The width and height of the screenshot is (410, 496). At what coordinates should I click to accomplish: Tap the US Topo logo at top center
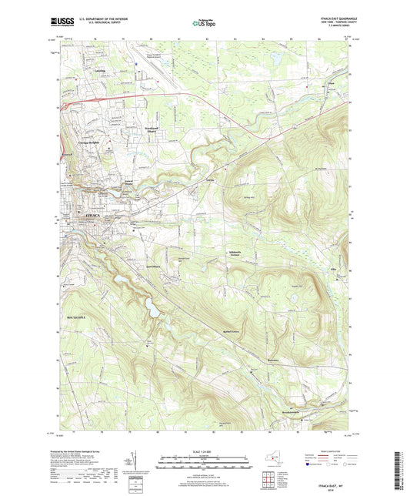point(204,23)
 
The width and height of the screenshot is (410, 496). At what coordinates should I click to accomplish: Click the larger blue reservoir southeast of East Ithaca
point(152,310)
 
